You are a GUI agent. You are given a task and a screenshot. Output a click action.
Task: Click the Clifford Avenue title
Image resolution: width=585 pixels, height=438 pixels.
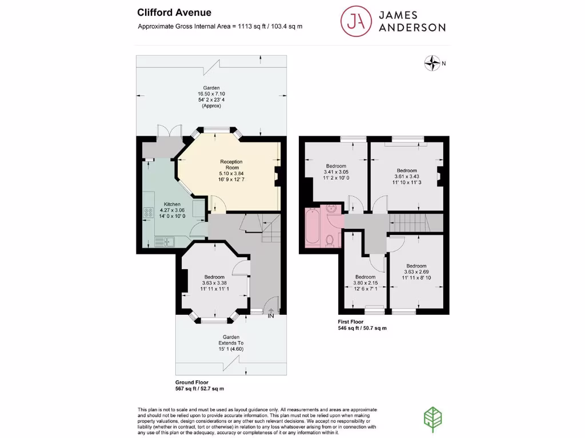tap(166, 13)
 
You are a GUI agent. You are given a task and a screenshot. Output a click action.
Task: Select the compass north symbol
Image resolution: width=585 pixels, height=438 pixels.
tap(433, 63)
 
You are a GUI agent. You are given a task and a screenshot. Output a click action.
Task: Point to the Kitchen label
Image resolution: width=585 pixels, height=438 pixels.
tap(172, 204)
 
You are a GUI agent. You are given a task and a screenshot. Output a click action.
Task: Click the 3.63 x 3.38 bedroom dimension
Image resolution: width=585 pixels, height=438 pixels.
tap(215, 283)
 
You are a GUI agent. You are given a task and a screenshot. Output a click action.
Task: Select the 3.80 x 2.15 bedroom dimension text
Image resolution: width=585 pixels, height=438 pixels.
tap(365, 283)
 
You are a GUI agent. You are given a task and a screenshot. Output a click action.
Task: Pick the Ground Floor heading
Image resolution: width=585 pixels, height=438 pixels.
tap(192, 382)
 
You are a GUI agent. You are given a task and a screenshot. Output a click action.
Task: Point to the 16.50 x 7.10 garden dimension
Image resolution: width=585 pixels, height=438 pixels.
tap(211, 94)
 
